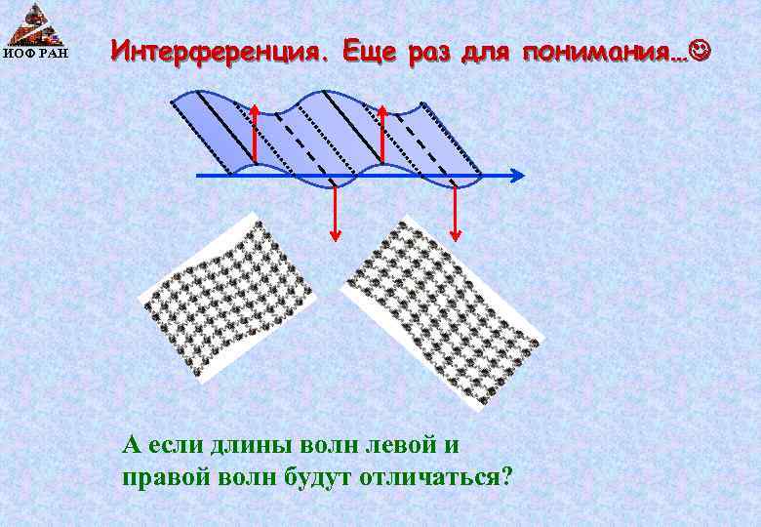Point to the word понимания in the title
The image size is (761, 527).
click(x=596, y=51)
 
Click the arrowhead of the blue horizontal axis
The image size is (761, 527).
click(x=518, y=176)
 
